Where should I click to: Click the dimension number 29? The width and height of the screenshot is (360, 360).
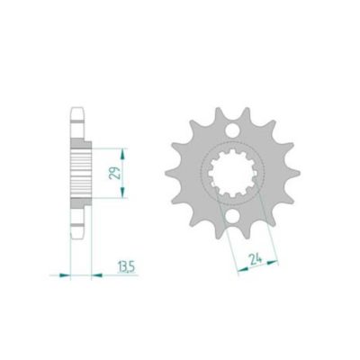pyautogui.click(x=116, y=173)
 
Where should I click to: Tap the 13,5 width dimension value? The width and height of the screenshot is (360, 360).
pyautogui.click(x=126, y=267)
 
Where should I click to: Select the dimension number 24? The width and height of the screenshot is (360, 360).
pyautogui.click(x=256, y=259)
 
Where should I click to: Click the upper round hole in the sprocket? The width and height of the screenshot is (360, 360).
pyautogui.click(x=233, y=130)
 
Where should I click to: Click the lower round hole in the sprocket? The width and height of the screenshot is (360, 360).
pyautogui.click(x=233, y=216)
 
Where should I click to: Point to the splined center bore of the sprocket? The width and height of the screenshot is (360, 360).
pyautogui.click(x=233, y=173)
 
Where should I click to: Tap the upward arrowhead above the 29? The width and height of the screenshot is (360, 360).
pyautogui.click(x=122, y=155)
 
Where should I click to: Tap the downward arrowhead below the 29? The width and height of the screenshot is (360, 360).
pyautogui.click(x=122, y=192)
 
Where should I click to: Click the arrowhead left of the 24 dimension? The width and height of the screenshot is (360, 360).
pyautogui.click(x=243, y=269)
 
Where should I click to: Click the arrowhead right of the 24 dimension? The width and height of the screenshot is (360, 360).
pyautogui.click(x=273, y=262)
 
